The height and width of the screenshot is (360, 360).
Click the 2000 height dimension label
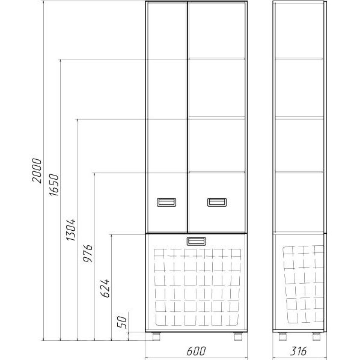(37, 171)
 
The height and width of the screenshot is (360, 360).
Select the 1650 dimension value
(54, 185)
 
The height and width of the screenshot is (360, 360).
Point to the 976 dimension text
(88, 253)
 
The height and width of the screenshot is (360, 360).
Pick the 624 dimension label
(105, 288)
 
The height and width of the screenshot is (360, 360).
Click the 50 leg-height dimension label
(121, 322)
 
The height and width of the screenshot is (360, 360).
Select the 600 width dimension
(197, 351)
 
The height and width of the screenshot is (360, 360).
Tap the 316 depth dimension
(299, 351)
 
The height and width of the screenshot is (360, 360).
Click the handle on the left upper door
(166, 203)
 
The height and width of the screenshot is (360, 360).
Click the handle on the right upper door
(217, 203)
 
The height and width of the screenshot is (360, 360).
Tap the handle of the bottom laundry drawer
(197, 241)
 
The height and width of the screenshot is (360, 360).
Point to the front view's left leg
(157, 337)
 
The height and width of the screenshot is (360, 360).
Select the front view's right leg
(238, 337)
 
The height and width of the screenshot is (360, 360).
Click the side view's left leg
(282, 337)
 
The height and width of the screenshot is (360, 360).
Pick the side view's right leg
(316, 337)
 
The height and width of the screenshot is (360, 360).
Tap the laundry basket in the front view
(198, 287)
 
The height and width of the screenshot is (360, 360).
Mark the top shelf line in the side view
(299, 59)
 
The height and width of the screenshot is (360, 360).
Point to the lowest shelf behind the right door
(217, 172)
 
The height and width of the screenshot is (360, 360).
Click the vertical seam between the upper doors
(188, 117)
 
